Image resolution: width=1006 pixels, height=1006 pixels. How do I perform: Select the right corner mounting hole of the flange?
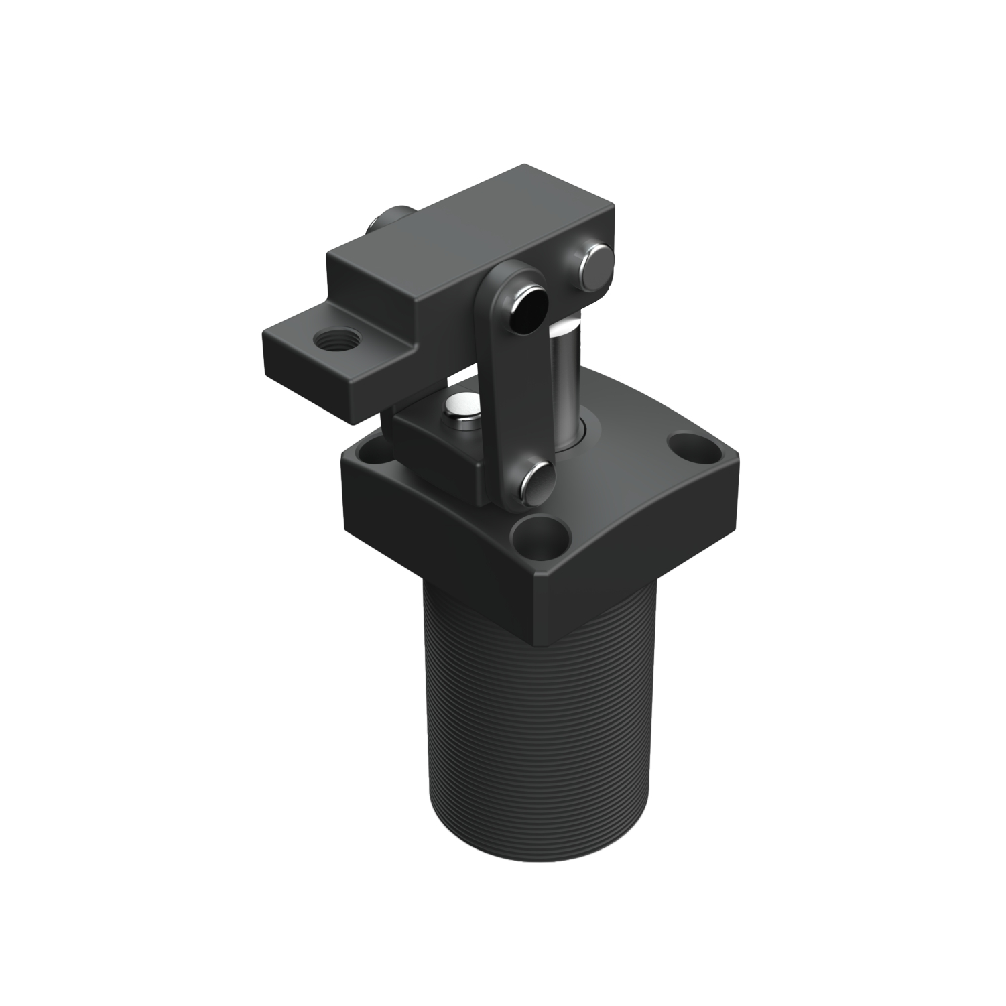(x=692, y=445)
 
